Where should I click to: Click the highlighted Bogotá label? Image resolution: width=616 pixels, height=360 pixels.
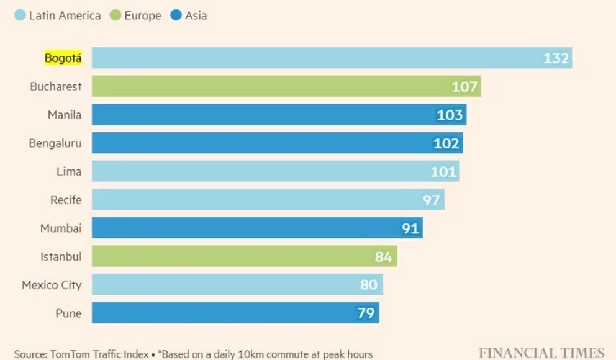pyautogui.click(x=63, y=58)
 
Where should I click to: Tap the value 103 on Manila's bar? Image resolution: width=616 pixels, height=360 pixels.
pyautogui.click(x=450, y=115)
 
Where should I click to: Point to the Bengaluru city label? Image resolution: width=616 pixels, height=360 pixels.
pyautogui.click(x=55, y=143)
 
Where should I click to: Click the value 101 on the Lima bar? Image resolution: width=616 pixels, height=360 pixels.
pyautogui.click(x=443, y=171)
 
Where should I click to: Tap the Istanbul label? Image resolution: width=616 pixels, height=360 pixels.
pyautogui.click(x=61, y=256)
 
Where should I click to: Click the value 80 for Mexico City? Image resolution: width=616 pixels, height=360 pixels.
pyautogui.click(x=369, y=285)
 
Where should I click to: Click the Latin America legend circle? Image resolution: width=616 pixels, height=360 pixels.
pyautogui.click(x=19, y=16)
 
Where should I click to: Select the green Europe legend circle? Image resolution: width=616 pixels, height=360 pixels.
pyautogui.click(x=115, y=16)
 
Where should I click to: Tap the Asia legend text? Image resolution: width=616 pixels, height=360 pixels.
pyautogui.click(x=196, y=16)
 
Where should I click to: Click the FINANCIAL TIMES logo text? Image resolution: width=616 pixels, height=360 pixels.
pyautogui.click(x=541, y=353)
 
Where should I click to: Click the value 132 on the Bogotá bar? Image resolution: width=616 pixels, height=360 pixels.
pyautogui.click(x=556, y=58)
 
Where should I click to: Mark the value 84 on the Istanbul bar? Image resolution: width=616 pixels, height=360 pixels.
pyautogui.click(x=383, y=256)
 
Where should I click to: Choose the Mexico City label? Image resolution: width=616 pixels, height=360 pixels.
pyautogui.click(x=52, y=285)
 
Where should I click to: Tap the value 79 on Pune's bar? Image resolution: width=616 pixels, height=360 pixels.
pyautogui.click(x=366, y=313)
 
